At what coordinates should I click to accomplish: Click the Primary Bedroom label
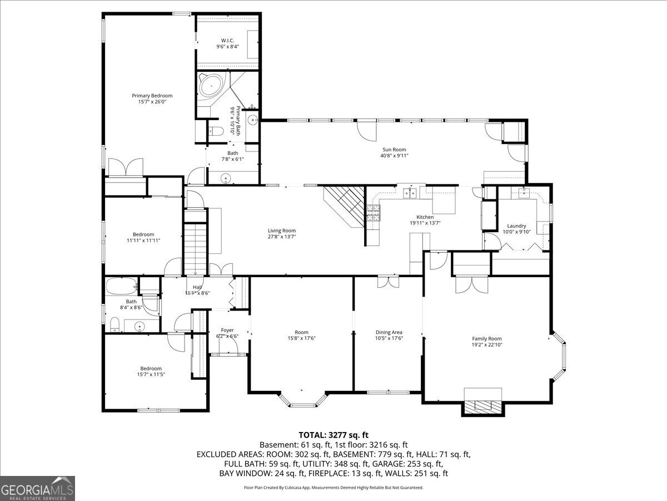coord(152,96)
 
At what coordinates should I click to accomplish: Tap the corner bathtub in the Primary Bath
coord(211,86)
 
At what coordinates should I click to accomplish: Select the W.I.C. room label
coord(227,40)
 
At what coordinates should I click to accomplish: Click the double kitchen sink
coord(411,193)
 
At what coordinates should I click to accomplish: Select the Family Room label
coord(487,338)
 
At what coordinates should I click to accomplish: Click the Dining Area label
coord(389,332)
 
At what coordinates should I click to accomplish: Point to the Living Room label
coord(282,230)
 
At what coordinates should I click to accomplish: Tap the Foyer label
coord(227,330)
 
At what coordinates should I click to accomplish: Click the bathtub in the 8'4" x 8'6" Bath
coord(121,287)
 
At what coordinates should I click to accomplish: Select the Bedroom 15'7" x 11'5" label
coord(151,369)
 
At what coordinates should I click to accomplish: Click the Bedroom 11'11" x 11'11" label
coord(143,234)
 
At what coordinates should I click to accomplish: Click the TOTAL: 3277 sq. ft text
coord(333,435)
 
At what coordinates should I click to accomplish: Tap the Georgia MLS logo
coord(37,488)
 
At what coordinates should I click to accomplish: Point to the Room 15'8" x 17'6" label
coord(301,332)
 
